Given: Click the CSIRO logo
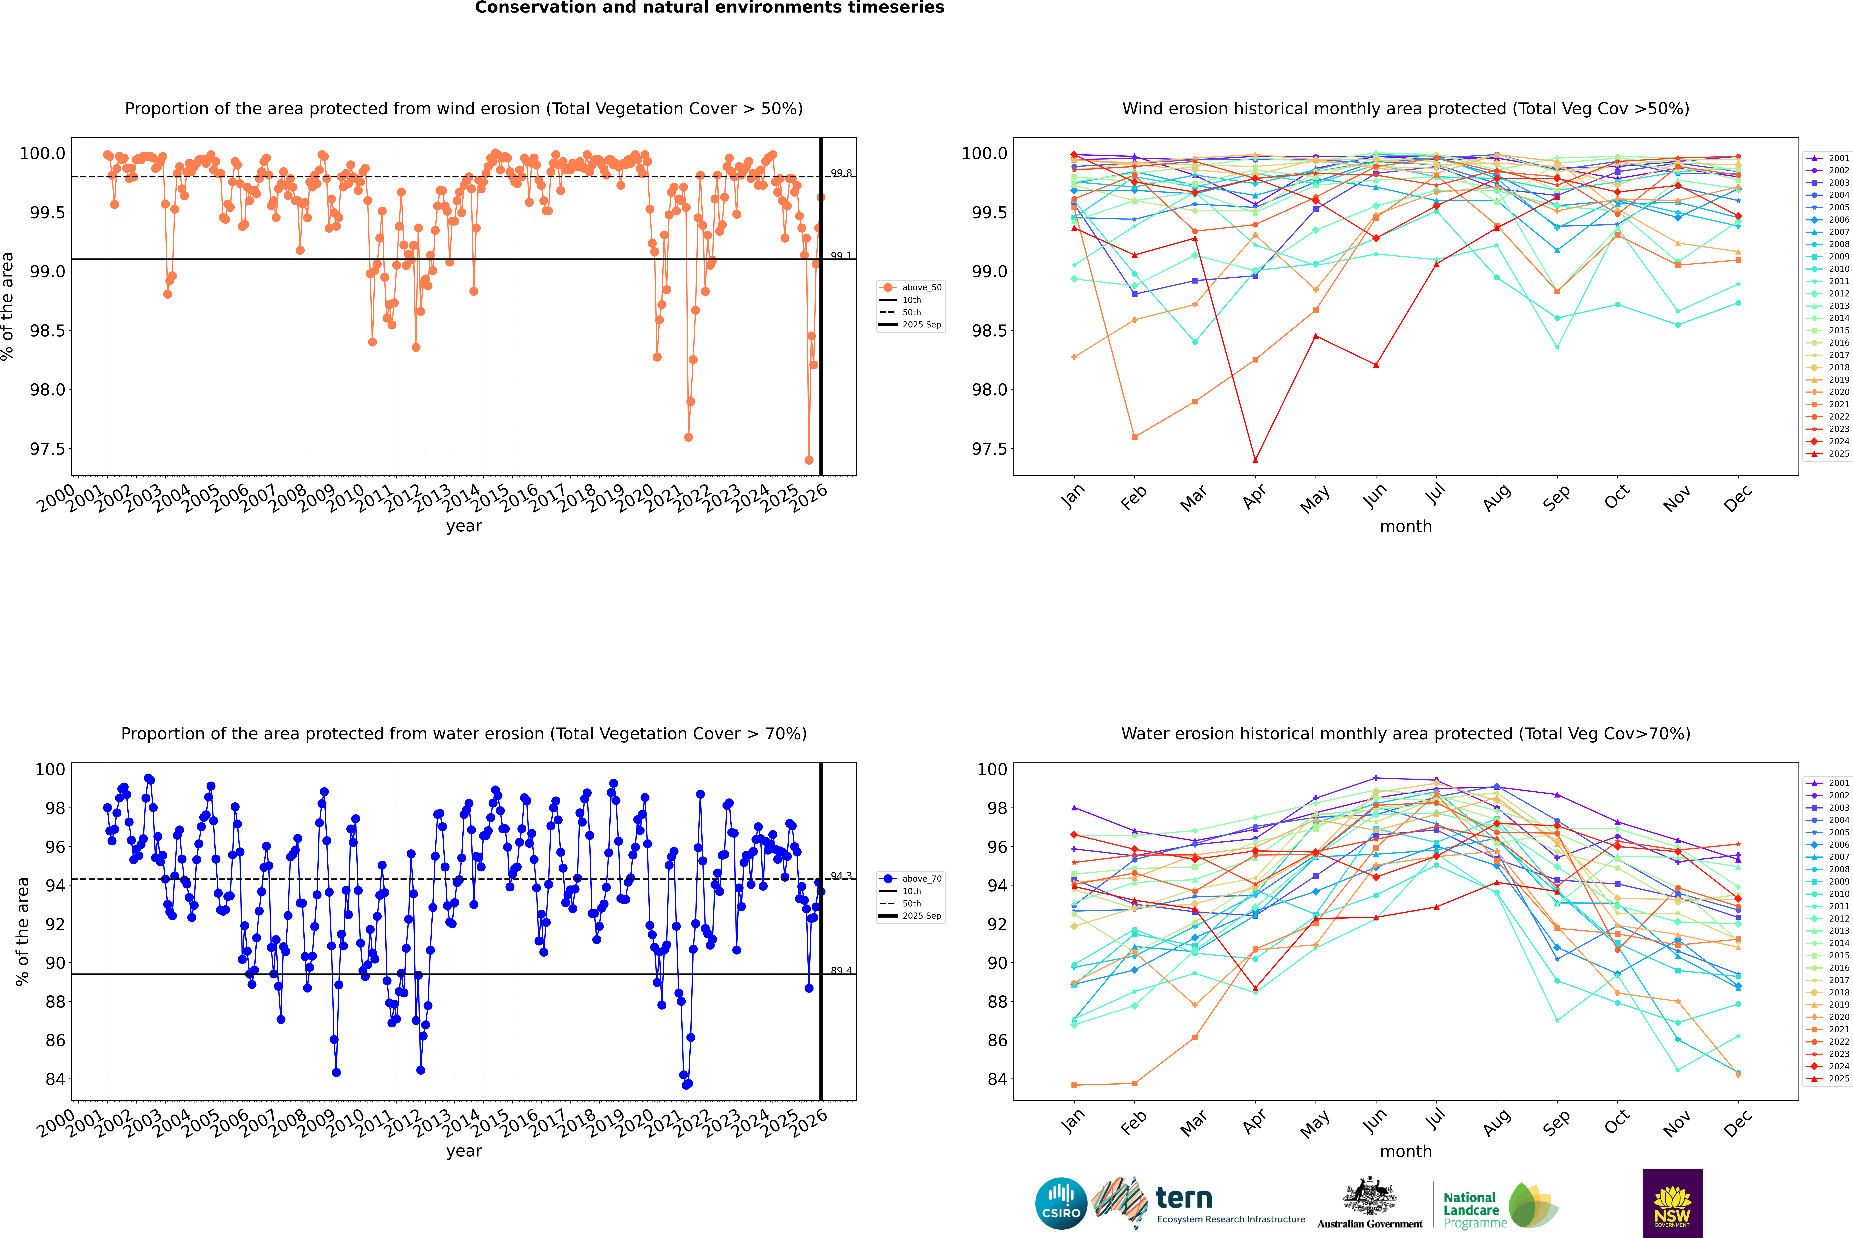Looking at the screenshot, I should [x=1061, y=1203].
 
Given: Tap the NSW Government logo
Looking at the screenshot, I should [x=1672, y=1203].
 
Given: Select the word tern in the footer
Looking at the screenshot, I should [x=1183, y=1198].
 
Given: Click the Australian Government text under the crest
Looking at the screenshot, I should [x=1370, y=1224].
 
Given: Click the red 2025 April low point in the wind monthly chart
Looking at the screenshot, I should [x=1255, y=460].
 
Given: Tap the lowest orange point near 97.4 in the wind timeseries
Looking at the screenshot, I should [x=809, y=460].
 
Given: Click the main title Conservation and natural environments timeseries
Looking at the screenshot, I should [x=709, y=8].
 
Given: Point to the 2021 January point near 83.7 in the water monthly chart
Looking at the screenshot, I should [x=1074, y=1085].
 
